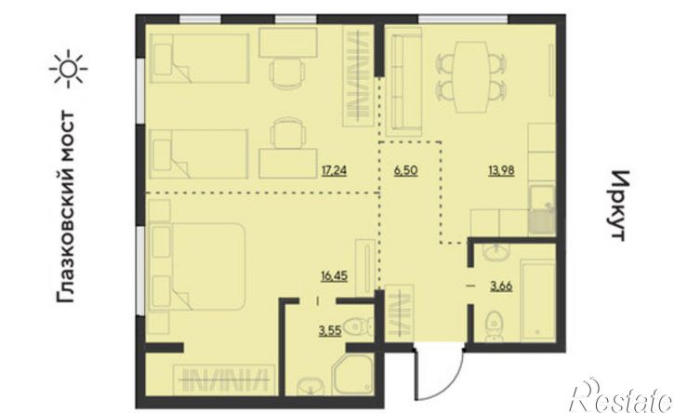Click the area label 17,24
pos(334,171)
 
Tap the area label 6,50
pos(405,171)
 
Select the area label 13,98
pos(501,171)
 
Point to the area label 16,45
pos(334,275)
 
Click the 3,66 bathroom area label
pos(501,286)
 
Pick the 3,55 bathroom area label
pos(330,331)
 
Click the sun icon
pos(68,69)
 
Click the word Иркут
pos(619,206)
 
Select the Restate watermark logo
pos(621,396)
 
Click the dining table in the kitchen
pos(471,77)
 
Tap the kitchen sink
pos(542,210)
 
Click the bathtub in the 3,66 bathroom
pos(538,300)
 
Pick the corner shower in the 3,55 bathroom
pos(354,375)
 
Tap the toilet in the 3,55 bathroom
pos(357,326)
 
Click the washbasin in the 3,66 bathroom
pos(496,252)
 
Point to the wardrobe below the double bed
pos(224,380)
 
